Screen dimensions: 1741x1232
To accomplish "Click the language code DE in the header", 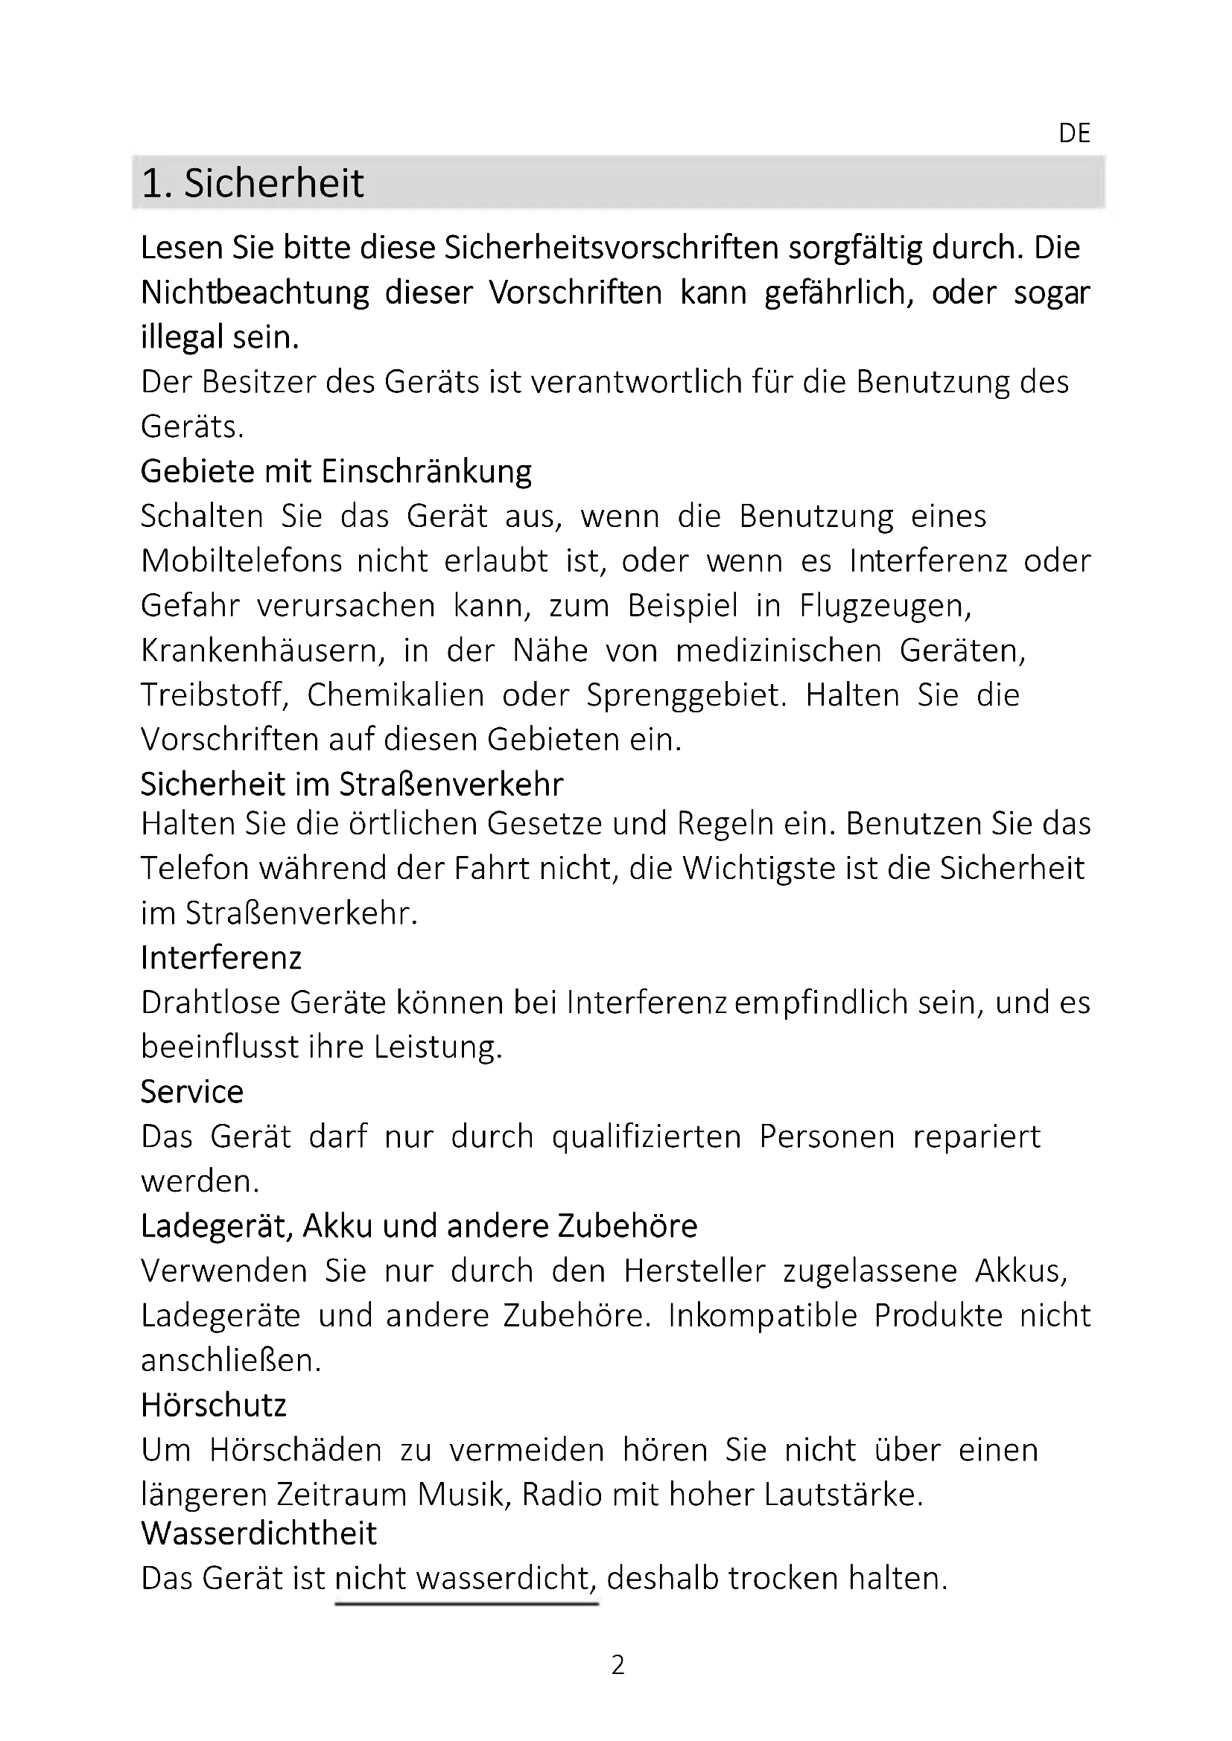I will (x=1073, y=133).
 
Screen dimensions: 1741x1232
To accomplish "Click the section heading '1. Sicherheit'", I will (x=253, y=184).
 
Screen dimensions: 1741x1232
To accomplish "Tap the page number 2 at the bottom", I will (x=617, y=1664).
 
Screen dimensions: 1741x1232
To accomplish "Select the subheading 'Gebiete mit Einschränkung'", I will (x=336, y=472).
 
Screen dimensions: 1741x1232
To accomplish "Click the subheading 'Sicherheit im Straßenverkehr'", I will (x=352, y=784).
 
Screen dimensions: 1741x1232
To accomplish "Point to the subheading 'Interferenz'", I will (x=220, y=958).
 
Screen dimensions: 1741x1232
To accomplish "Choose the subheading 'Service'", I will (x=192, y=1092).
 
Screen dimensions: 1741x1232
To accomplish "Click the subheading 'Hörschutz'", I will (x=214, y=1405).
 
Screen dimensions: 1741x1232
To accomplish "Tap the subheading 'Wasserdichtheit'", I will (x=258, y=1533).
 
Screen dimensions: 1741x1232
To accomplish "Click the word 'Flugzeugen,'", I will (x=886, y=606).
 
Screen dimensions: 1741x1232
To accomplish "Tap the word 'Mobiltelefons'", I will (x=241, y=561).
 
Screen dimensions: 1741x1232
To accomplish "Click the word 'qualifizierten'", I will (x=646, y=1137).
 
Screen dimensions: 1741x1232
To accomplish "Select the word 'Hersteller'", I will (x=694, y=1271).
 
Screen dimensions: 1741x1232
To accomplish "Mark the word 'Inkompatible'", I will (x=763, y=1315).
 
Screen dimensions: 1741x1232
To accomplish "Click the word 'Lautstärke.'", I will (x=843, y=1495).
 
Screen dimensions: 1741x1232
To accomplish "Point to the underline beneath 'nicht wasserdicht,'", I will (x=466, y=1604).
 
